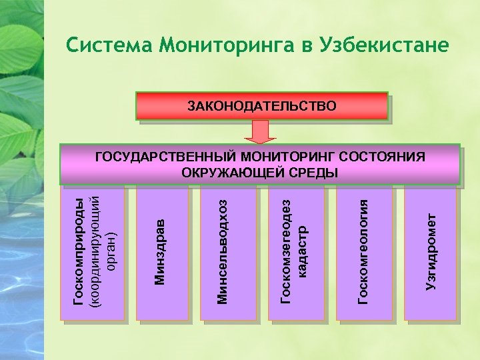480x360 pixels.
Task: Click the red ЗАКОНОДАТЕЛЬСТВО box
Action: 262,105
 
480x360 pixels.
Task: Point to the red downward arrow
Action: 260,132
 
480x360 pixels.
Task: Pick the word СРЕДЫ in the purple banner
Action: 317,173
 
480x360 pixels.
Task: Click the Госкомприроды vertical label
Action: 79,253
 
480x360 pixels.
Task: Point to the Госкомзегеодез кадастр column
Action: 294,253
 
